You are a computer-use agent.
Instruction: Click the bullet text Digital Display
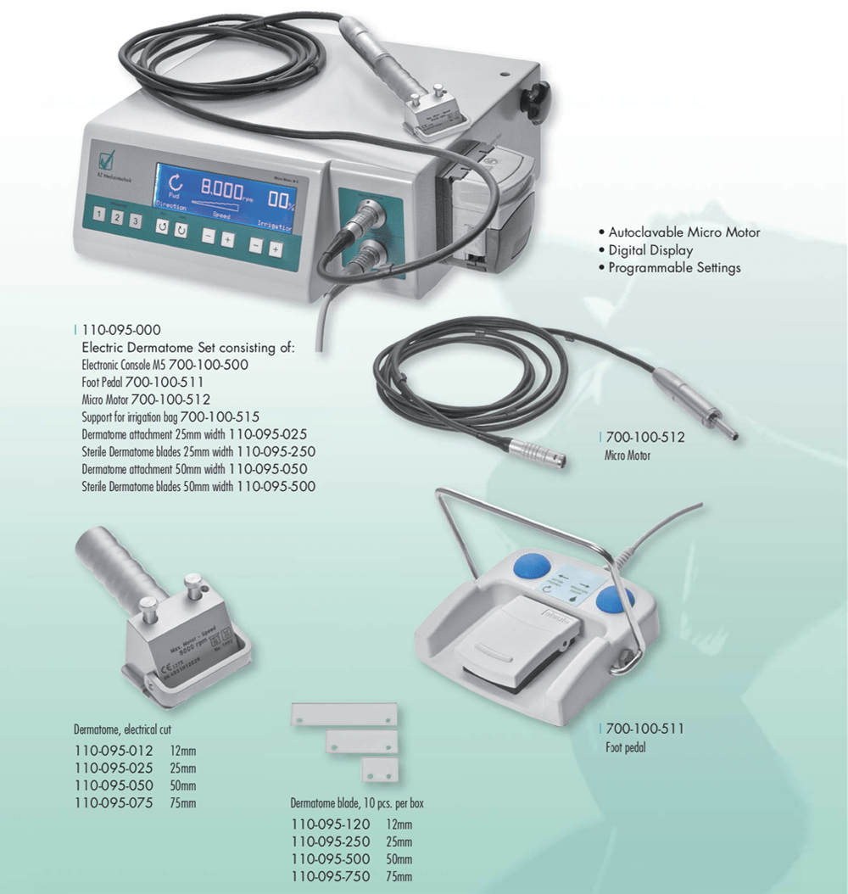(650, 250)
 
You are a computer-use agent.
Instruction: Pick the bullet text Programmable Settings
(674, 268)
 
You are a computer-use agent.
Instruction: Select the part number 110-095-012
(114, 750)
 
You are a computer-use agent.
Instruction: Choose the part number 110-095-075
(114, 802)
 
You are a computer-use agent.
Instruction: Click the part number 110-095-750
(331, 876)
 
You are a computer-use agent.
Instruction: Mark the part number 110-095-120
(331, 824)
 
